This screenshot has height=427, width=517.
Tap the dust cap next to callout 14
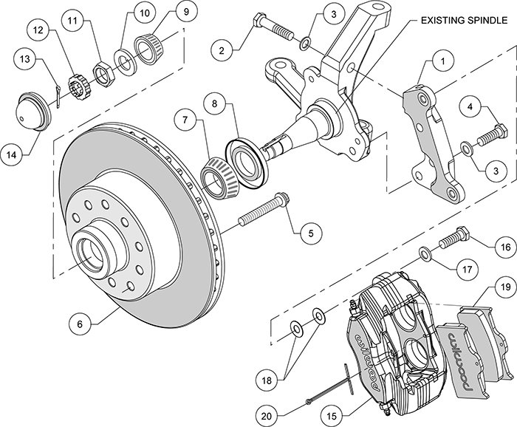point(34,111)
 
